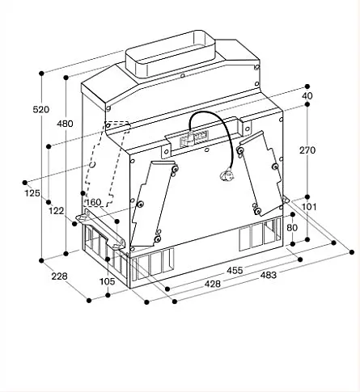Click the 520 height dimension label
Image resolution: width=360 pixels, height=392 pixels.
[41, 109]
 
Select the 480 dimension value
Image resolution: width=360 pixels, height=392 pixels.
[65, 124]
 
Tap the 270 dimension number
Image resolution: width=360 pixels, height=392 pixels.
[307, 150]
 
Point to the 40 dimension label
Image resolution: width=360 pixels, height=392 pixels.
[307, 95]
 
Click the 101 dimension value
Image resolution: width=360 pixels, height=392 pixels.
[309, 207]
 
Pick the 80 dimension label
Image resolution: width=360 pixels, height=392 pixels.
[292, 228]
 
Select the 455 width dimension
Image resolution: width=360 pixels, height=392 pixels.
[235, 271]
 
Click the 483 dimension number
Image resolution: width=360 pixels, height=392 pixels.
[269, 276]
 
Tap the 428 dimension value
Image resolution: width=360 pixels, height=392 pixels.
[213, 284]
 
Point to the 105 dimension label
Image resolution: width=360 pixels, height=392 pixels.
[108, 281]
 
